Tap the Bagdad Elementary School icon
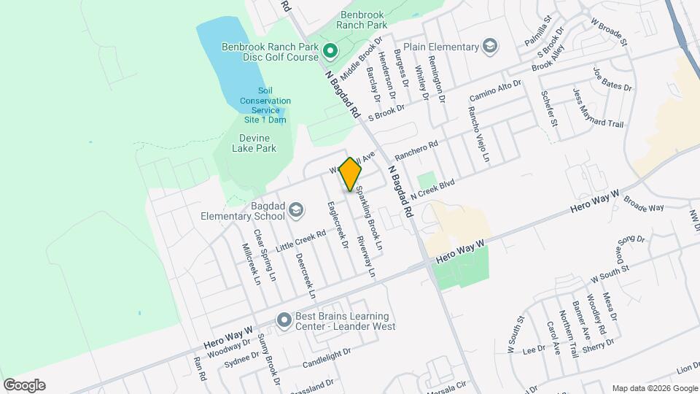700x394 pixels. [295, 211]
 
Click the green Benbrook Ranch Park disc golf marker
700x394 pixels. [330, 50]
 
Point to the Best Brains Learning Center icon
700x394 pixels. [283, 321]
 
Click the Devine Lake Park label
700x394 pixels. [254, 143]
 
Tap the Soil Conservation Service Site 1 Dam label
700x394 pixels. [264, 105]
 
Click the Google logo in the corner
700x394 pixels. [24, 385]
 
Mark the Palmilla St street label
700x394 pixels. [538, 33]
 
